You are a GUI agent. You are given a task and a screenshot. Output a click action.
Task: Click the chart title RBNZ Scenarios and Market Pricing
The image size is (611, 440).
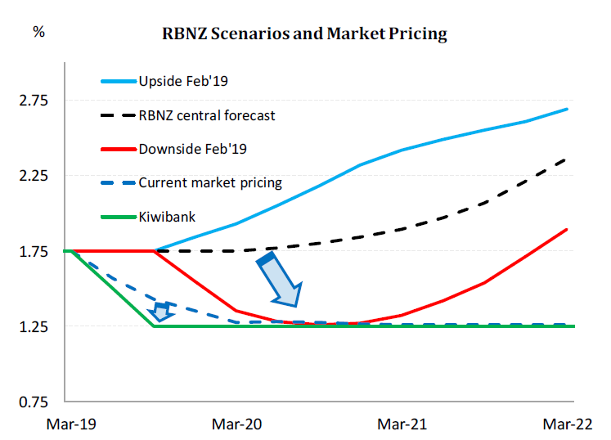304,34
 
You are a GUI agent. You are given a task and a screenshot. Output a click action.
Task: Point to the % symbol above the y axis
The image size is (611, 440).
38,32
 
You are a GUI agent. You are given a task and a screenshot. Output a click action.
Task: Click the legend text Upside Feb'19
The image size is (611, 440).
181,82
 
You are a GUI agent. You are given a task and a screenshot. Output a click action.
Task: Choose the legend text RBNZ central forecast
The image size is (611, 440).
207,115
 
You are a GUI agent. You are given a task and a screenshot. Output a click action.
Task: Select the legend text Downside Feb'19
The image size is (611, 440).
193,149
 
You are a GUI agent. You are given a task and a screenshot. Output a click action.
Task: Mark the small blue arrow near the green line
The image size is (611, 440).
162,311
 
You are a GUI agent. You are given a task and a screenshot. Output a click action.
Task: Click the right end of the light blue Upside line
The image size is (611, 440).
567,109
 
